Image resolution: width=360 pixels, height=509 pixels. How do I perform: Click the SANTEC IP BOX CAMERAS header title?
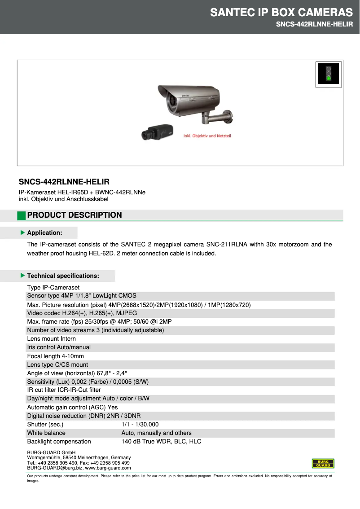tap(281, 12)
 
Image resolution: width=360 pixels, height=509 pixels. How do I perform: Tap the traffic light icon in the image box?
tap(329, 73)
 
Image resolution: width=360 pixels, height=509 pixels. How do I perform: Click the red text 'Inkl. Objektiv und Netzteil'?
tap(207, 136)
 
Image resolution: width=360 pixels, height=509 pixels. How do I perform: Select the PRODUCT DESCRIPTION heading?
tap(75, 215)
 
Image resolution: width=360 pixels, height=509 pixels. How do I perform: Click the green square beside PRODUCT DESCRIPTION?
tap(21, 215)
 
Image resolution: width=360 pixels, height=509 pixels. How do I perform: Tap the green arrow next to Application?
tap(22, 233)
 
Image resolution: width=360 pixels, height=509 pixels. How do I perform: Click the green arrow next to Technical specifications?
tap(22, 275)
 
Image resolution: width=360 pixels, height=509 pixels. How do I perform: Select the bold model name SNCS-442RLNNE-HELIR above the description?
tap(64, 182)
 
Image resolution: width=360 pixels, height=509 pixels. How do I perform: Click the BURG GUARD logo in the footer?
tap(323, 464)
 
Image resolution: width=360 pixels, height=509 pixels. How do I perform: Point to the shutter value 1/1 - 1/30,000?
tap(140, 424)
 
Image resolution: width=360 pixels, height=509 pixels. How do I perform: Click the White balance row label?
tap(46, 433)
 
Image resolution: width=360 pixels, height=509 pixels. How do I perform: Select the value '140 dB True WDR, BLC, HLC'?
tap(161, 442)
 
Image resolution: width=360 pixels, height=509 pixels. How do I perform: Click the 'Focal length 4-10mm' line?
tap(56, 356)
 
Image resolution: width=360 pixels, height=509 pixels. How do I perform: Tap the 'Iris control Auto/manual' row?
tap(59, 347)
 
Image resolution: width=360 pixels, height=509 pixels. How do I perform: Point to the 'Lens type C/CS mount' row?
tap(57, 364)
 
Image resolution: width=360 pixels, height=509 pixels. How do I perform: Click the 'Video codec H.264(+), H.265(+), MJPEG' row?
tap(82, 313)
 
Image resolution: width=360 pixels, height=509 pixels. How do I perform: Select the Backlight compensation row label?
tap(59, 442)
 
